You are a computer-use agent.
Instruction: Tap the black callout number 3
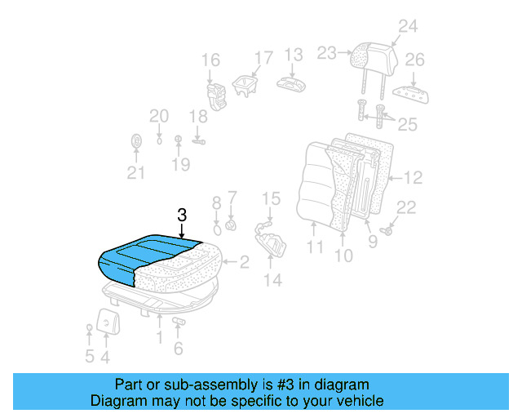coord(182,216)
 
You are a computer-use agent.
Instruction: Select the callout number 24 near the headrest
coord(407,27)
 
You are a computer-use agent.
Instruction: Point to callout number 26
coord(415,60)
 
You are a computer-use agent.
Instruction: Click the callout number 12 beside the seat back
coord(414,176)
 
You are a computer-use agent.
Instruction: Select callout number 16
coord(210,60)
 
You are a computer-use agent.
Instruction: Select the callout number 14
coord(272,280)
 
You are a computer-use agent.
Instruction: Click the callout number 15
coord(271,198)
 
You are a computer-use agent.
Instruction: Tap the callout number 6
coord(178,348)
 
